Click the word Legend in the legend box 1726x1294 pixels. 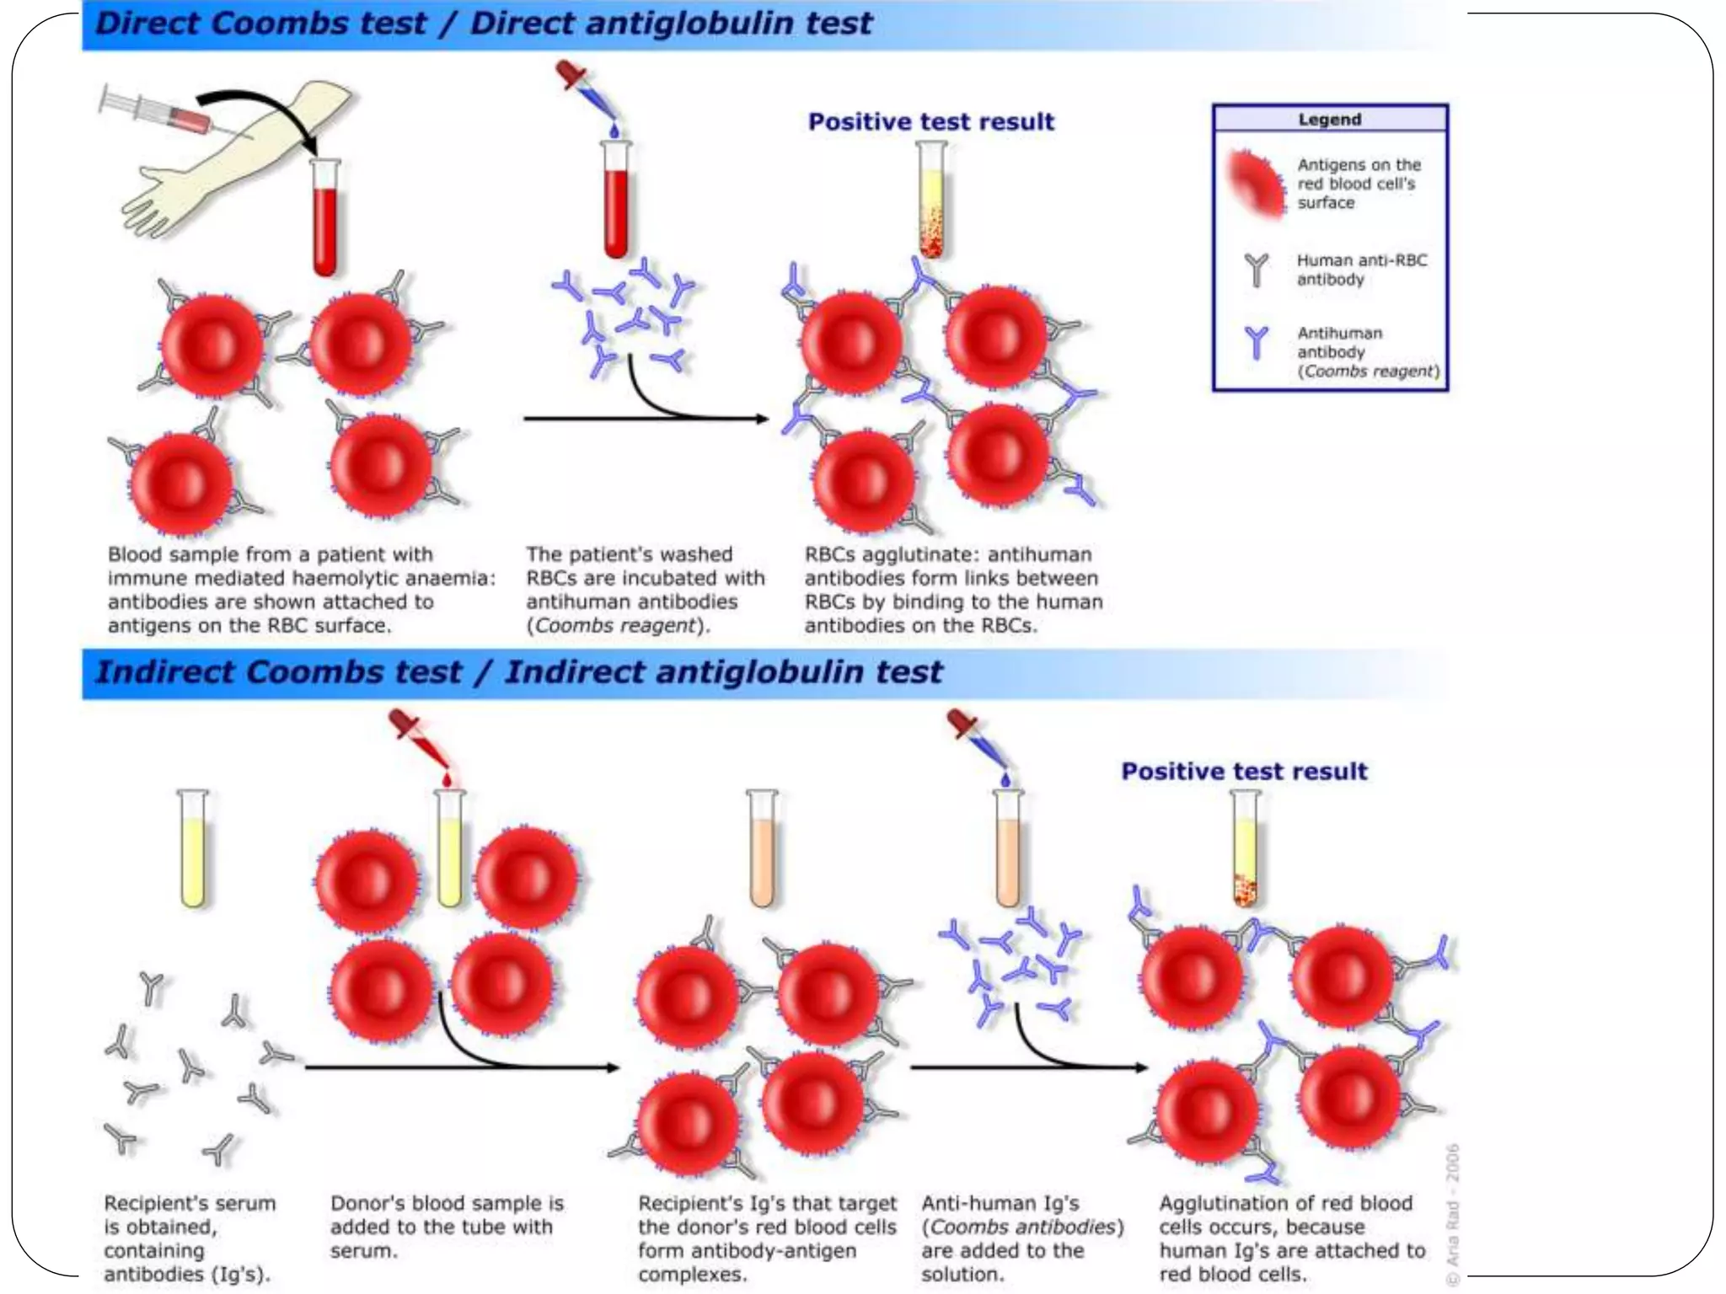(x=1329, y=120)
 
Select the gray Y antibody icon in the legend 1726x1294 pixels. (x=1256, y=270)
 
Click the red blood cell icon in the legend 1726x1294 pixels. (x=1256, y=183)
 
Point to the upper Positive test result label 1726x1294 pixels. (x=930, y=122)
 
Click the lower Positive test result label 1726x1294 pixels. (x=1244, y=772)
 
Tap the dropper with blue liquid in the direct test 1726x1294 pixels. (x=588, y=93)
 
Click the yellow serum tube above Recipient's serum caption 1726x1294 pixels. (x=193, y=851)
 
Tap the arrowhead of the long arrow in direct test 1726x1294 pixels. (x=763, y=419)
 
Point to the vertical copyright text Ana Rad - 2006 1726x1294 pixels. (x=1452, y=1213)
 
